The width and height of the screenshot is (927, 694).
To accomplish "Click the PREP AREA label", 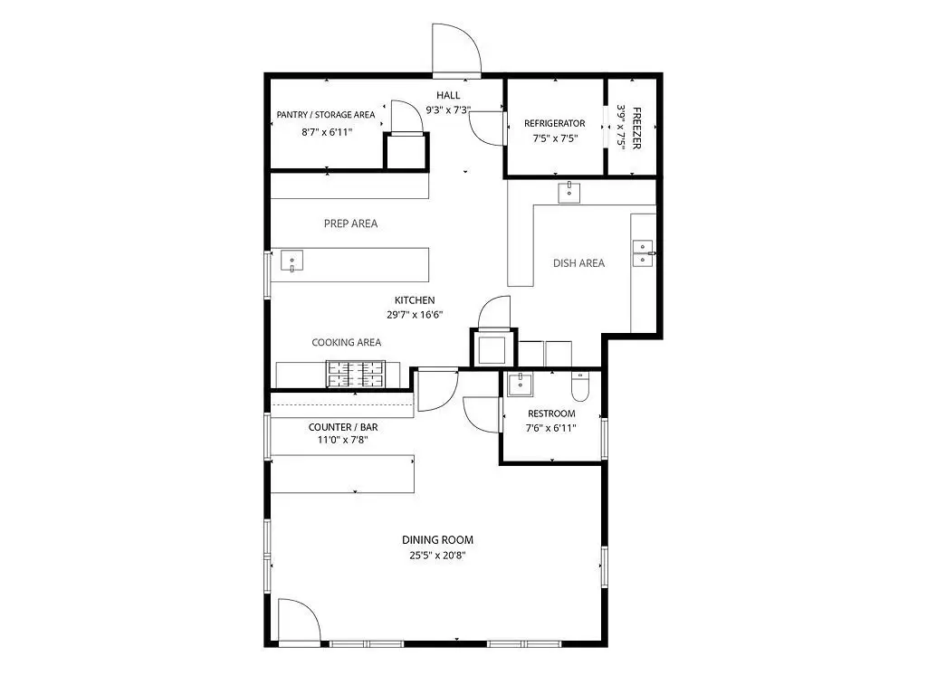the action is pos(350,223).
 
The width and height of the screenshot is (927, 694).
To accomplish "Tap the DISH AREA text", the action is pos(578,263).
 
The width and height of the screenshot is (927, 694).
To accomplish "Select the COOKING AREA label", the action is pos(347,342).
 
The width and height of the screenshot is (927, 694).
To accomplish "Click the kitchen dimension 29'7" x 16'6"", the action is pos(415,315).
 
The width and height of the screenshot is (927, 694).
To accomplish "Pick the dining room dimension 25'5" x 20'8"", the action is pos(437,555).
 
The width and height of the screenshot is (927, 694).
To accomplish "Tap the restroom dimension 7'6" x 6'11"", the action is pos(551,428).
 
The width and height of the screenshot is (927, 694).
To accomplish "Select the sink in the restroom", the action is pos(520,385).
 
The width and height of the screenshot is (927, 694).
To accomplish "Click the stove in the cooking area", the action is pos(355,374).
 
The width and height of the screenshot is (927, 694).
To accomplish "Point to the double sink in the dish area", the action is pos(643,253).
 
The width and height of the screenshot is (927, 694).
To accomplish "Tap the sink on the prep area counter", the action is pos(291,260).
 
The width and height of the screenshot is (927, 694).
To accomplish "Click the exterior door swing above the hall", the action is pos(456,50).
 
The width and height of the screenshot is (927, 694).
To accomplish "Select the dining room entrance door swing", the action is pos(300,621).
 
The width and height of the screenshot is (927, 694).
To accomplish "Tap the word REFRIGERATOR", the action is pos(555,123).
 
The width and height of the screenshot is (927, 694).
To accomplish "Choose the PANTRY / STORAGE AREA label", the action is pos(326,115).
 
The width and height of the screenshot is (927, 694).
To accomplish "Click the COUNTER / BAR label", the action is pos(343,427).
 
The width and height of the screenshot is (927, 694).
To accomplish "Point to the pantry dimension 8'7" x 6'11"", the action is pos(327,132).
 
